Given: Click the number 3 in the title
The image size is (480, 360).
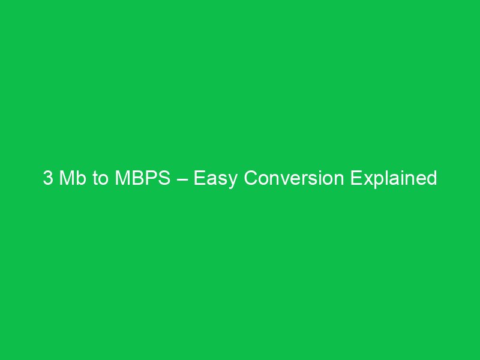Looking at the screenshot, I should pos(48,179).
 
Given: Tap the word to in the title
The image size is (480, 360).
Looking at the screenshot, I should pos(100,179).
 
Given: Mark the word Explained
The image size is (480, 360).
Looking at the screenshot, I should pos(394,179).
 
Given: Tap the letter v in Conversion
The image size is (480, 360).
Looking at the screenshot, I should pos(281,180).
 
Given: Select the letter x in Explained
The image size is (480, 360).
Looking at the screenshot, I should pos(365,180).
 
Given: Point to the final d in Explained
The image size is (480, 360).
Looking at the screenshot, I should pos(431,179).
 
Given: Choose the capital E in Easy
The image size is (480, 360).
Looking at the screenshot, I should pos(199,179).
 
